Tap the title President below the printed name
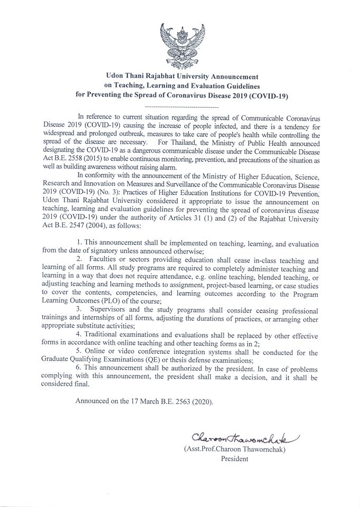(234, 458)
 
